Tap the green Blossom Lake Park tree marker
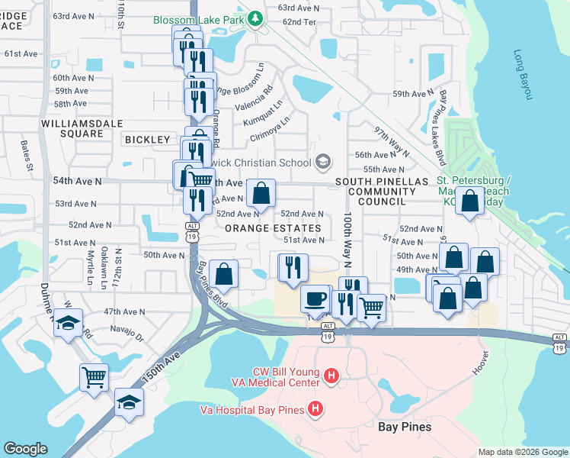258,20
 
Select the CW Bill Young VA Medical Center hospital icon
331,375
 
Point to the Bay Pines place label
405,427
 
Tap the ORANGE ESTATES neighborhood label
273,228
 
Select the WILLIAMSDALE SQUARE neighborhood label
73,128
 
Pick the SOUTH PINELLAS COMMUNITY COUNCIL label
373,191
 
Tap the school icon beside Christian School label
323,162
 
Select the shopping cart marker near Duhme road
94,376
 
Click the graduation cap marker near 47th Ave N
68,321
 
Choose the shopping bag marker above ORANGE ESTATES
261,194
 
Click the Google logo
26,449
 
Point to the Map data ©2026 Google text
522,452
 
